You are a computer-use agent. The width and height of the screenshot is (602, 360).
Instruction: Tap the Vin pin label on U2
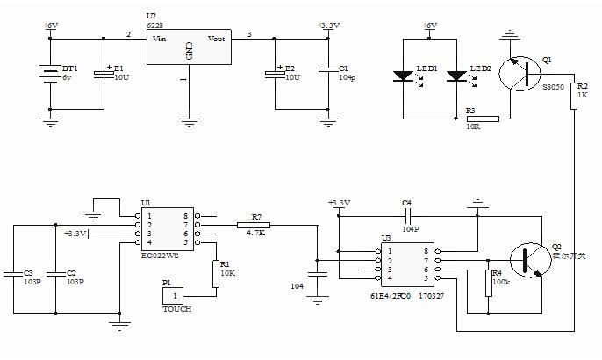160,38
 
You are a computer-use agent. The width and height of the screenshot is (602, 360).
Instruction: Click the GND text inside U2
189,52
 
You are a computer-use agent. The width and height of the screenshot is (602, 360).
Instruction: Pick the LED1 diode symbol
403,76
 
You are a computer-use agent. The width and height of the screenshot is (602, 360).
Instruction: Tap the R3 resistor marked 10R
482,118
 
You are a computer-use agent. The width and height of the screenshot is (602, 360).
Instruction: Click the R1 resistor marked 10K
214,273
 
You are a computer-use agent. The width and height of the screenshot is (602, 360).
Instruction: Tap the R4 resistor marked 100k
487,284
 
